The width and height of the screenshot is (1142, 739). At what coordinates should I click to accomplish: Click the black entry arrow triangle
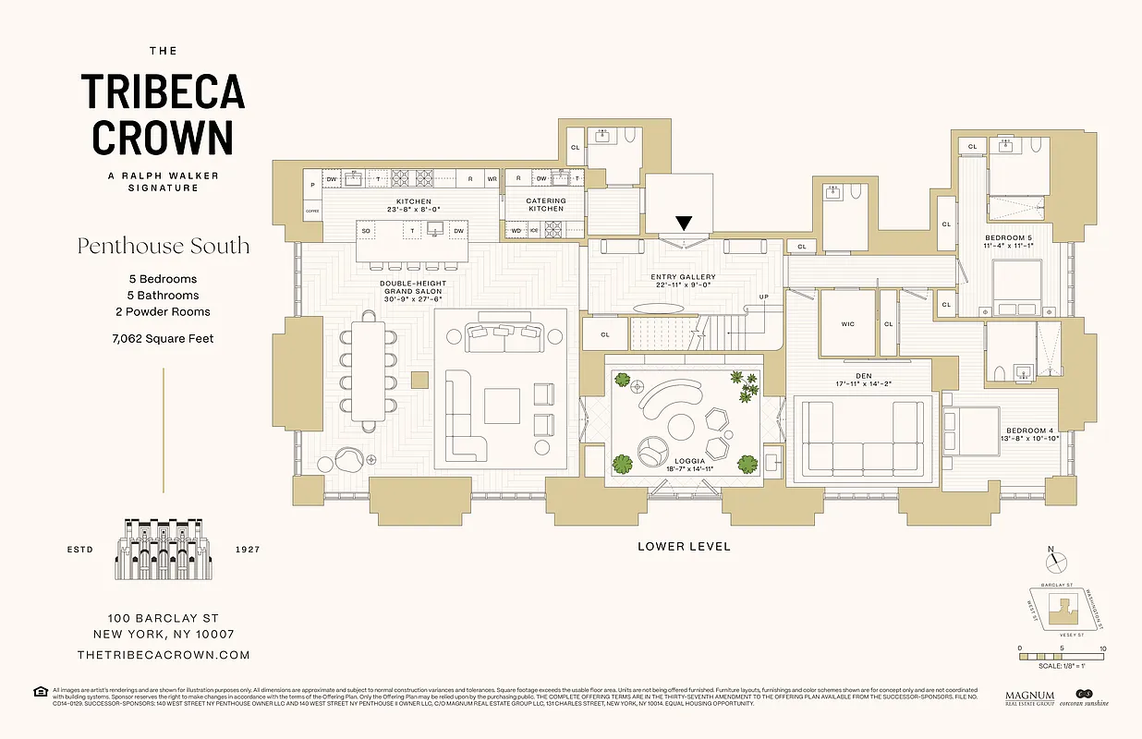coord(684,223)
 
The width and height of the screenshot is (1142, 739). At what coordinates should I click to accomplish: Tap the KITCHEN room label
coord(414,201)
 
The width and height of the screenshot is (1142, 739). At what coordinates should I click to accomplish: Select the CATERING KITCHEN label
coord(546,204)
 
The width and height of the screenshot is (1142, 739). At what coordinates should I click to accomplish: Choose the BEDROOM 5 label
coord(1008,238)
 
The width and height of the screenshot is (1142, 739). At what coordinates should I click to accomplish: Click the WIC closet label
coord(848,324)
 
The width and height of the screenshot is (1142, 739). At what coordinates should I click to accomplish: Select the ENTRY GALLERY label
coord(682,277)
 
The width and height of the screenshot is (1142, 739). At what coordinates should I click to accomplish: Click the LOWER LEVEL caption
coord(684,547)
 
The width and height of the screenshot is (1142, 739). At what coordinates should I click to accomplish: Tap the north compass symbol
coord(1059,562)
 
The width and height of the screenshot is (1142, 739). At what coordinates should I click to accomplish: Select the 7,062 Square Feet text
coord(162,339)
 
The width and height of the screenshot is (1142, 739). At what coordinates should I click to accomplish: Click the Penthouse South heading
coord(164,247)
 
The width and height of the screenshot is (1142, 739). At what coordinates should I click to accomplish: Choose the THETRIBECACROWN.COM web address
coord(164,655)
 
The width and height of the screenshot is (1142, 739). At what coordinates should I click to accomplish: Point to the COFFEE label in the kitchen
coord(311,212)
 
